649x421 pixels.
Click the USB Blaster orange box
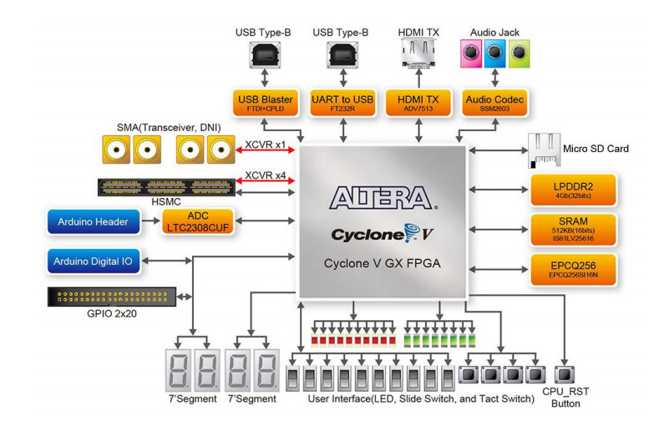coord(265,104)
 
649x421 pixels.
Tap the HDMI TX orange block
coord(418,104)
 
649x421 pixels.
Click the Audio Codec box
coord(494,104)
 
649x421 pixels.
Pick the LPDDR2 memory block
coord(573,190)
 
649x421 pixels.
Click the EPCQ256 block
coord(573,269)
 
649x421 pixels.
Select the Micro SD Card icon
coord(542,149)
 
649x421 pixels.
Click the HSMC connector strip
coord(167,187)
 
